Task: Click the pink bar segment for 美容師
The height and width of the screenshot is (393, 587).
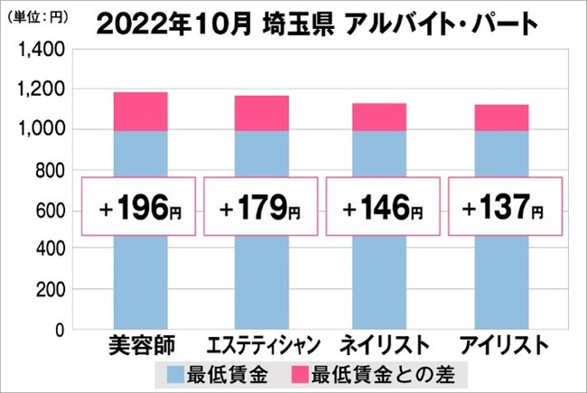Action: (141, 111)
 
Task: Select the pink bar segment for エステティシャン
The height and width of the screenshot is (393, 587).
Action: (262, 113)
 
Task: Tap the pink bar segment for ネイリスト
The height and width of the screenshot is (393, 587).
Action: (379, 117)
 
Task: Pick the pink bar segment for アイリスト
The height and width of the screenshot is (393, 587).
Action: (502, 117)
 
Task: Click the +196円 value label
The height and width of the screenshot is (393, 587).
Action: (141, 211)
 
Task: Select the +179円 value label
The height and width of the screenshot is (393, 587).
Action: (262, 211)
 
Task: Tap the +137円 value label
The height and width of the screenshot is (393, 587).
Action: (502, 211)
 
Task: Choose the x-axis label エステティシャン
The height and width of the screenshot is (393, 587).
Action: (262, 345)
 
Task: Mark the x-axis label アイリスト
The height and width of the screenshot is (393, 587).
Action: (503, 345)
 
